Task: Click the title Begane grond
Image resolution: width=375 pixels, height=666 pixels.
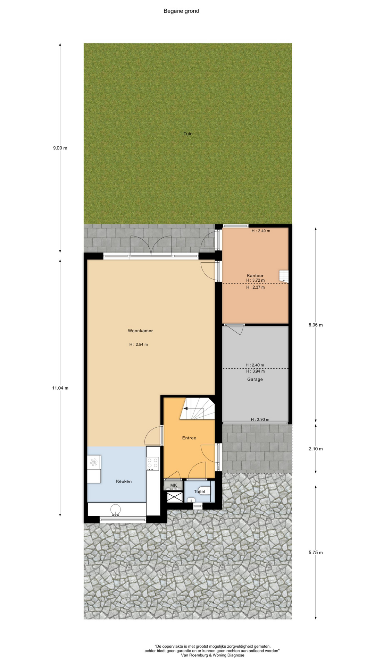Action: pos(181,11)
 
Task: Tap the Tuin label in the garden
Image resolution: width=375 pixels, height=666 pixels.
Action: pos(188,134)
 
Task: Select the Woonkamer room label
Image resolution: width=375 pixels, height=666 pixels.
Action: pos(140,331)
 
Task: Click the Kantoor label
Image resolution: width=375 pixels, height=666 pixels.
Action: pos(255,275)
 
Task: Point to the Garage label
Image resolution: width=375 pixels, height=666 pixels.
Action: pos(255,379)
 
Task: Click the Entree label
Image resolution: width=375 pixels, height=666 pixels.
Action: pos(189,438)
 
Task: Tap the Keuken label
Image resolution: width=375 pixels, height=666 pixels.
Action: pos(124,481)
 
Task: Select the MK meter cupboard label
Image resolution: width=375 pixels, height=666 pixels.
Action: pos(174,485)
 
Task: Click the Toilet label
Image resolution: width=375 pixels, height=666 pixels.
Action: pos(200,491)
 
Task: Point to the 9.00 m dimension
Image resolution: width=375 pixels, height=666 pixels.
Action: pos(60,148)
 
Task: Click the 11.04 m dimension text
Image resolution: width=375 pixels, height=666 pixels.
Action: pos(60,388)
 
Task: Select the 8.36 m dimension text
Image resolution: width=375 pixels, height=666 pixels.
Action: pos(316,325)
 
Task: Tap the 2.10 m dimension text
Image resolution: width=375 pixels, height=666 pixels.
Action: pos(316,449)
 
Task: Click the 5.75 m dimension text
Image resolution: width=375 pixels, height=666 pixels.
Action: pos(316,553)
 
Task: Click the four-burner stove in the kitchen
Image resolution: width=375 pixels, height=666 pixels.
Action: pos(153,463)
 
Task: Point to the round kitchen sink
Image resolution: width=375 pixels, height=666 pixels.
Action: pos(116,510)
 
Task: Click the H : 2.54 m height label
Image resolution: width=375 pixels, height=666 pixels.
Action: pos(139,344)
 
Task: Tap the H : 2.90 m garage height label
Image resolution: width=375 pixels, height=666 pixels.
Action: pos(260,419)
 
